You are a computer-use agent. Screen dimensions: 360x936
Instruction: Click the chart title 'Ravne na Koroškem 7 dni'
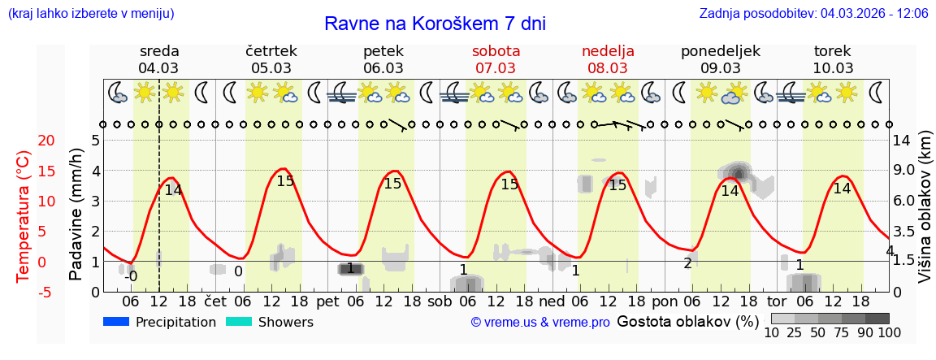pos(435,24)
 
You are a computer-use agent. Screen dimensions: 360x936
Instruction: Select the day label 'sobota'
pos(496,51)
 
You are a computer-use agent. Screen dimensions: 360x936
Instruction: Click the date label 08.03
pos(608,68)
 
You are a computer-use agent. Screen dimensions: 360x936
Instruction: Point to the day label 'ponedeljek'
pos(720,51)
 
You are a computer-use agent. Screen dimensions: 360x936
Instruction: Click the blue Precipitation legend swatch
pos(117,322)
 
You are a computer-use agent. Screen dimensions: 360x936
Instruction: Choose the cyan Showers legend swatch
pos(240,322)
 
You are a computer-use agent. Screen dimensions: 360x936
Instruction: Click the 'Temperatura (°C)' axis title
pos(24,216)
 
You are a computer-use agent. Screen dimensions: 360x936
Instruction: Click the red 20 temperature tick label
pos(24,141)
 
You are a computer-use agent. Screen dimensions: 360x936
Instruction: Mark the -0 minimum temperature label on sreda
pos(130,276)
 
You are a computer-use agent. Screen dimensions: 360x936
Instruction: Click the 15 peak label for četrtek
pos(285,181)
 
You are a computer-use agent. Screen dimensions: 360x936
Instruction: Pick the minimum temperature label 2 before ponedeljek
pos(687,263)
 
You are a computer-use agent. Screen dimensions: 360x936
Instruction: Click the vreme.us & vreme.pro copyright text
pos(540,323)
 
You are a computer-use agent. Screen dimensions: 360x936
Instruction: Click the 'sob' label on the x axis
pos(440,301)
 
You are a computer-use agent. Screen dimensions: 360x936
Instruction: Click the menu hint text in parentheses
pos(90,13)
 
